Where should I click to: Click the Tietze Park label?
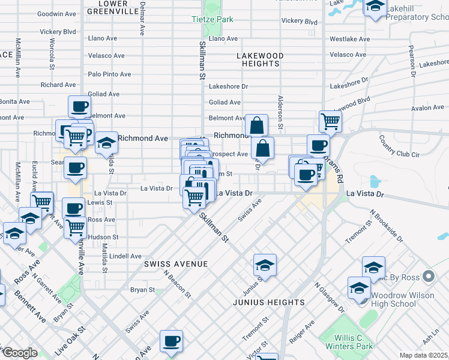[212, 20]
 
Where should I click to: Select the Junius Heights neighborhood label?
[268, 302]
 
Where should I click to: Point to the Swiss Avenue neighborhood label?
[176, 264]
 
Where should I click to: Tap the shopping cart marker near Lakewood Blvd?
[330, 121]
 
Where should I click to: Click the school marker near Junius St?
[265, 265]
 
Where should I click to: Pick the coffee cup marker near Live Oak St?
[171, 341]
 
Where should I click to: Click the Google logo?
[20, 353]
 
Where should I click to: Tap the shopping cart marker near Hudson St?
[75, 227]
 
